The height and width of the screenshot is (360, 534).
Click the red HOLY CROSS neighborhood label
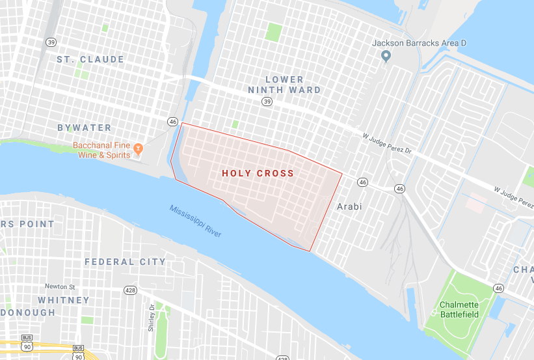(x=258, y=174)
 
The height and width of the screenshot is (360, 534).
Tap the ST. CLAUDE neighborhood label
(x=90, y=59)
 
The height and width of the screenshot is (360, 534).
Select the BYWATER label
(x=85, y=128)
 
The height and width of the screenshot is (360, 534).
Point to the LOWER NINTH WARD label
(x=284, y=85)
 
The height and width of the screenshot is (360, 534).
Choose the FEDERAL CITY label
(x=125, y=262)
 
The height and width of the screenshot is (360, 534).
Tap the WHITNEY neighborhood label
(x=64, y=300)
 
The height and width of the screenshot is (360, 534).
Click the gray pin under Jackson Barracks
(x=385, y=57)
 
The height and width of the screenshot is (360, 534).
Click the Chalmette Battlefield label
(x=459, y=309)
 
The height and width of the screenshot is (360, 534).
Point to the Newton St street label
(x=60, y=286)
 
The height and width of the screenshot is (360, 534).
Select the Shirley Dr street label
(x=151, y=318)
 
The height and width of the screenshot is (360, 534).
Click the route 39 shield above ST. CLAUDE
(x=51, y=42)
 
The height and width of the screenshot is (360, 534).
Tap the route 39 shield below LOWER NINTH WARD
(x=267, y=102)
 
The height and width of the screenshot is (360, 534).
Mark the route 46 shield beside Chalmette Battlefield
(x=498, y=288)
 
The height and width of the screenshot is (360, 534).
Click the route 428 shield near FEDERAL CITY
(x=131, y=290)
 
